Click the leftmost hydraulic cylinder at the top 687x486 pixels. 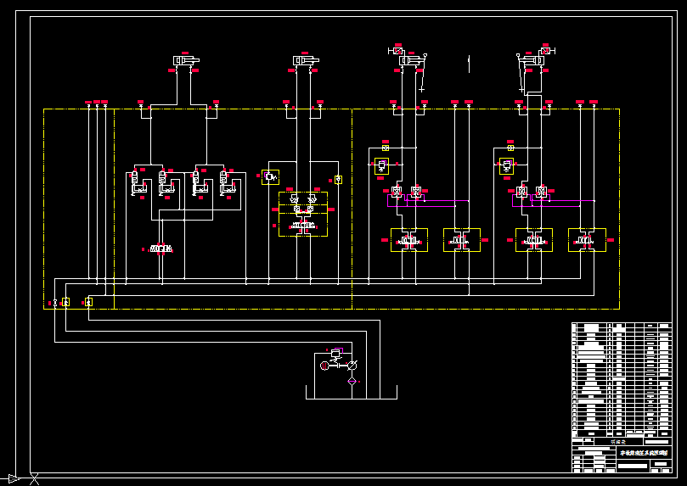(x=185, y=60)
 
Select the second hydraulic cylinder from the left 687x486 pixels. (x=306, y=60)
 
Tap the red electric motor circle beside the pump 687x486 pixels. (x=324, y=366)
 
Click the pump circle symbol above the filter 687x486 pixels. (x=352, y=365)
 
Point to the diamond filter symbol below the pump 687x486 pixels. (x=352, y=382)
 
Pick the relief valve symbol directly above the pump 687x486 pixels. (x=336, y=354)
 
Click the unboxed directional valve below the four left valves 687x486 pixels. (x=161, y=249)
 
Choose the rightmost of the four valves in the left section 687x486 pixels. (x=226, y=183)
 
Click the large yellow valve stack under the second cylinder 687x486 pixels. (x=302, y=214)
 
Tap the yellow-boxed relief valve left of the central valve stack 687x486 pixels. (x=270, y=176)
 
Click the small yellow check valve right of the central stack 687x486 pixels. (x=338, y=179)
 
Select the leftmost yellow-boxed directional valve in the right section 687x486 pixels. (x=409, y=241)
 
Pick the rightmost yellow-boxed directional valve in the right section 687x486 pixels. (x=586, y=241)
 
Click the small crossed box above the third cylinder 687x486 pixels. (x=398, y=51)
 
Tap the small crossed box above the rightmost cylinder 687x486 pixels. (x=544, y=51)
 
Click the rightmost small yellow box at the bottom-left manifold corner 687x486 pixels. (x=88, y=302)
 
